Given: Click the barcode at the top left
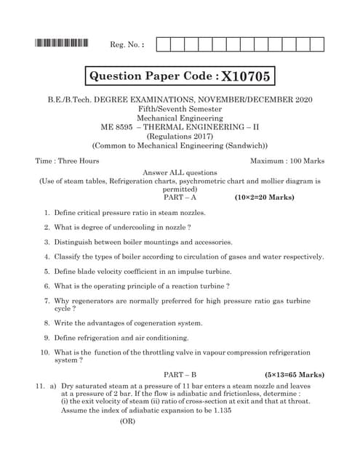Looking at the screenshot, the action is coord(61,44).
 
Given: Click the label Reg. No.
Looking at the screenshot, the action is coord(127,45).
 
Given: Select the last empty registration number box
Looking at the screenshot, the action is coord(316,44).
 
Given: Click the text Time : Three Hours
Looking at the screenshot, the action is coord(67,161).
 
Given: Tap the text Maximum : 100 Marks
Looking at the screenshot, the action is coord(287,161).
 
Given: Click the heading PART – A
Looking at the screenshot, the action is coord(180,197).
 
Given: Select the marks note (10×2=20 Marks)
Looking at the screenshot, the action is coord(268,197).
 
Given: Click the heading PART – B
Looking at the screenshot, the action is coord(180,373).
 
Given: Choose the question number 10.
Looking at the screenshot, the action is coord(44,352).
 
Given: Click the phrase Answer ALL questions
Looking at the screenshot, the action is coord(180,172).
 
